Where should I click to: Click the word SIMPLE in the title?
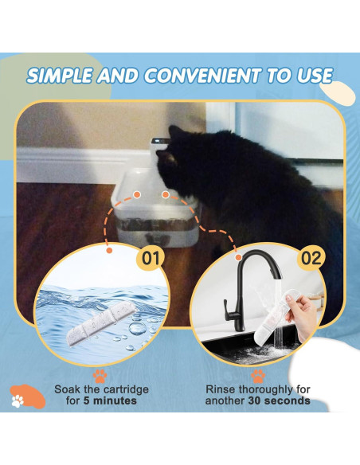[59, 76]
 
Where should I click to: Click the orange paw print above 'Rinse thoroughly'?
[257, 373]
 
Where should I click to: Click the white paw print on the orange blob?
[18, 401]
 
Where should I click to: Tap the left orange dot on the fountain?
[137, 193]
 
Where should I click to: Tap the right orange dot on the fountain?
[166, 193]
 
